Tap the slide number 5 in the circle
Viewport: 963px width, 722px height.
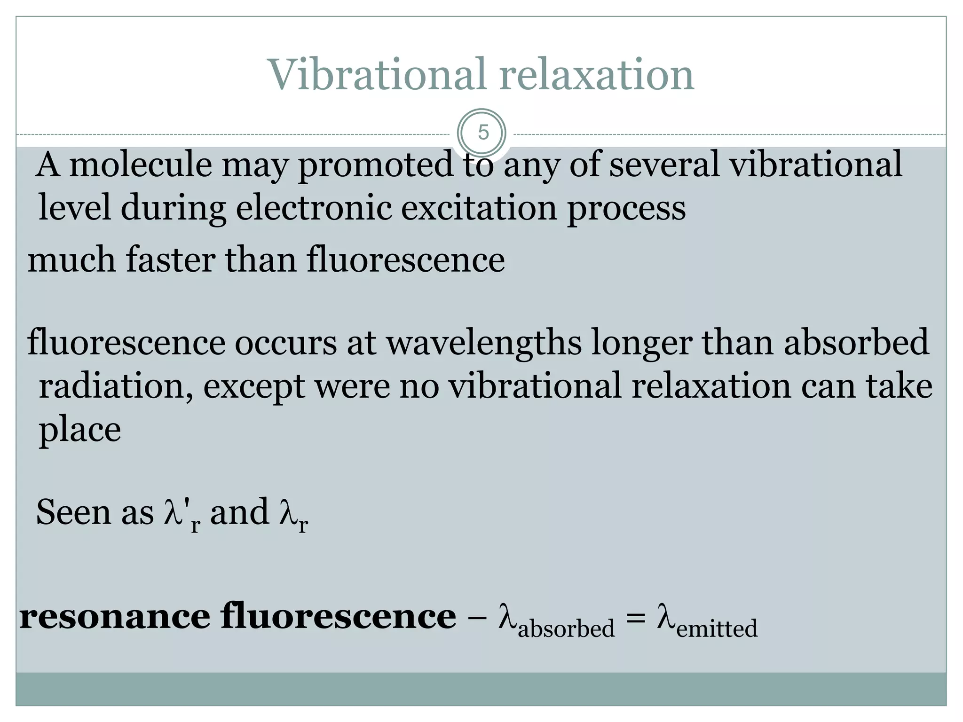(483, 133)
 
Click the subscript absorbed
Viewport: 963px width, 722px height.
(566, 628)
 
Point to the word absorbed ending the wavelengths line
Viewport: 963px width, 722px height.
(856, 342)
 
